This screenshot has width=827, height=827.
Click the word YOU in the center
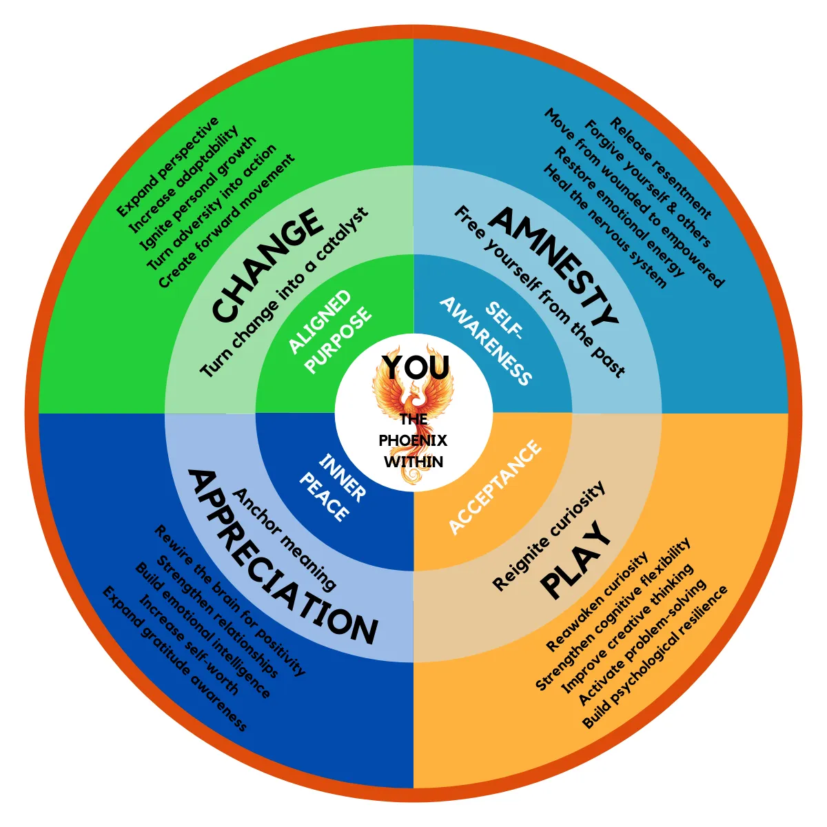(416, 368)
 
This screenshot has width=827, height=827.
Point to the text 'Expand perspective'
(167, 167)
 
